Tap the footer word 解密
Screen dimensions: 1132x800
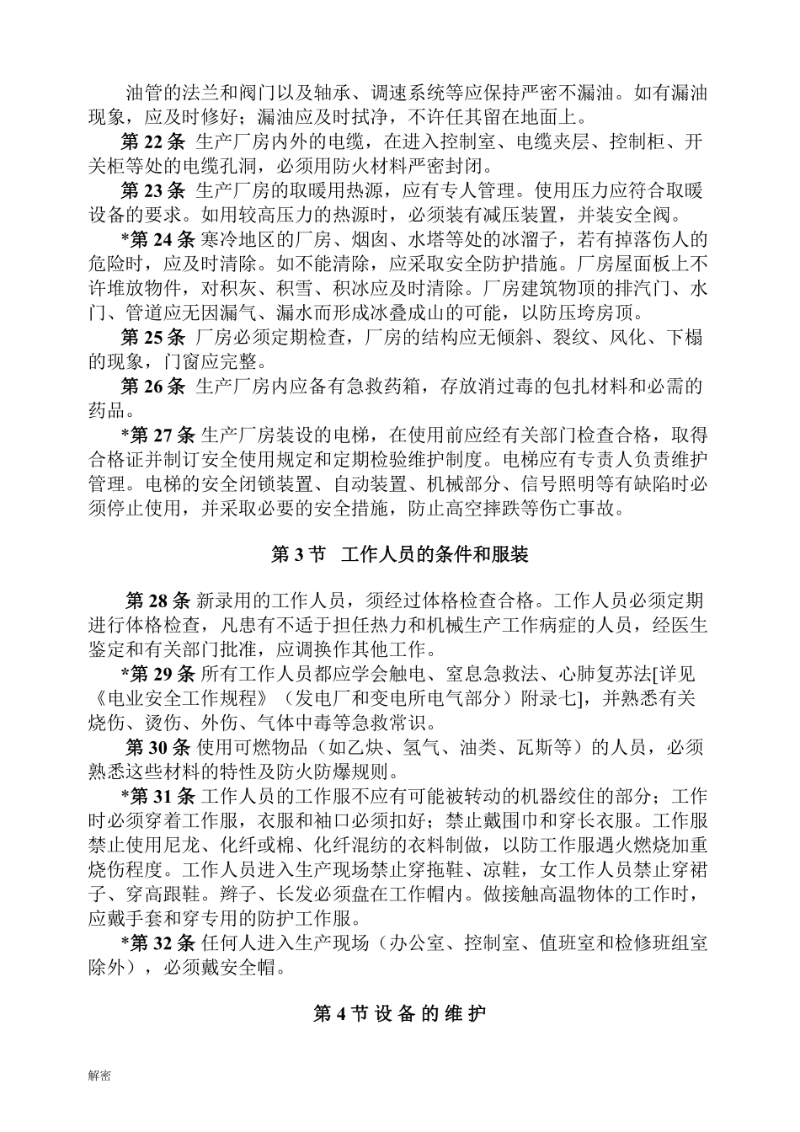(x=99, y=1076)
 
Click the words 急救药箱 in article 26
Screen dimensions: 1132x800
(x=393, y=387)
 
